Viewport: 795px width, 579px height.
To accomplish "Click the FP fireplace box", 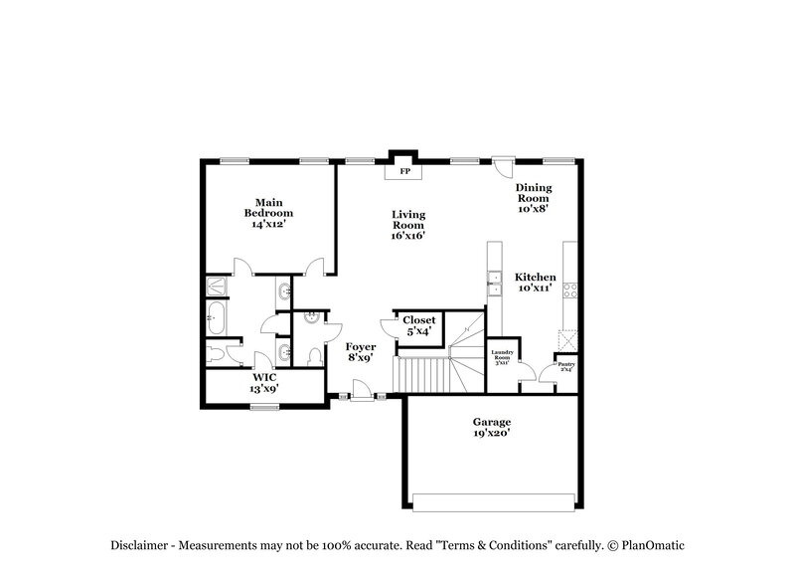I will [x=404, y=172].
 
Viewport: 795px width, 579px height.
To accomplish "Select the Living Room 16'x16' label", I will [x=407, y=225].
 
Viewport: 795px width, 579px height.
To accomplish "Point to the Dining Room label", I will [x=533, y=197].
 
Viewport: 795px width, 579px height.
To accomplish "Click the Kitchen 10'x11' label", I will [x=535, y=283].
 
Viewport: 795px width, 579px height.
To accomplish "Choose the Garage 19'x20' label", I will [x=492, y=427].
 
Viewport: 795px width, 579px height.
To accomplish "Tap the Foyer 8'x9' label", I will [x=359, y=353].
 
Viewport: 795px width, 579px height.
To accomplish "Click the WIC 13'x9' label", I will [x=263, y=383].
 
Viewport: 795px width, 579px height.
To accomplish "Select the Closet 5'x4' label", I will [x=418, y=325].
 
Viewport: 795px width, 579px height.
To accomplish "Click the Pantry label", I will [x=565, y=367].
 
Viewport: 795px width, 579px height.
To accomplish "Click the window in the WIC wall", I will [x=263, y=405].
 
